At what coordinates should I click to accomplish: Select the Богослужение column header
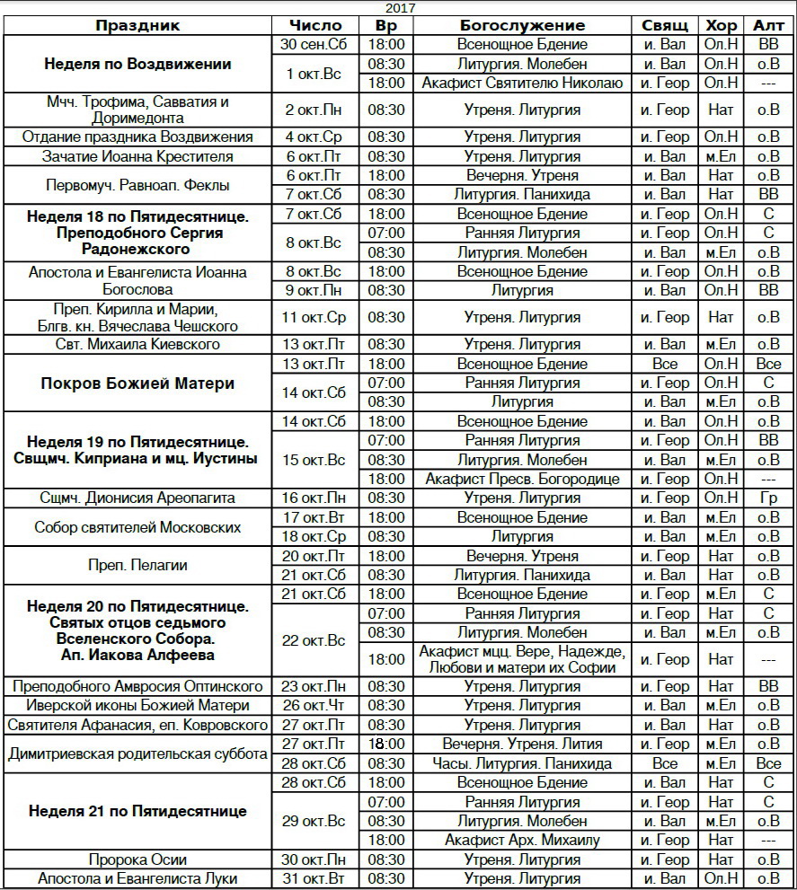(522, 25)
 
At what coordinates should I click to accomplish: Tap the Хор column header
(721, 25)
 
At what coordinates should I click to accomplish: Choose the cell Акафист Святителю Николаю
(522, 83)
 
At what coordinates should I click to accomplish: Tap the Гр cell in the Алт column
(768, 498)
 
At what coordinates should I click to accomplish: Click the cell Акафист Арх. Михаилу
(522, 841)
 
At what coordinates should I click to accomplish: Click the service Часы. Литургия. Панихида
(522, 763)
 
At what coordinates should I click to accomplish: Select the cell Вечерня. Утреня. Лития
(522, 744)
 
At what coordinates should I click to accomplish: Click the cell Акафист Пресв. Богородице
(522, 479)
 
